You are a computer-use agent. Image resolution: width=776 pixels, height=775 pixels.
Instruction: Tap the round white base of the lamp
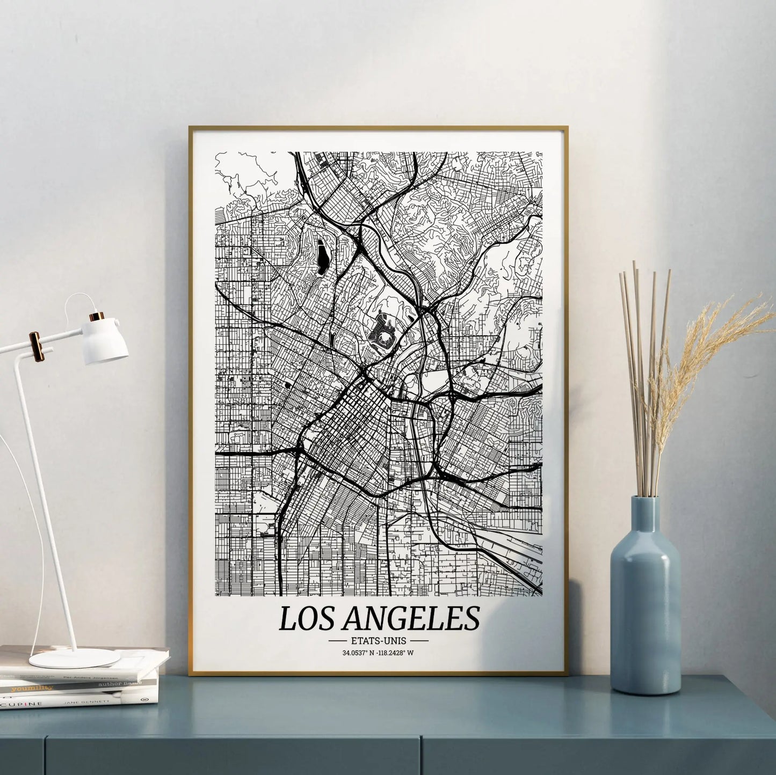click(x=67, y=657)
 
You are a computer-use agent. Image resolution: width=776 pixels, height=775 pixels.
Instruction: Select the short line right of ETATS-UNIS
click(x=419, y=640)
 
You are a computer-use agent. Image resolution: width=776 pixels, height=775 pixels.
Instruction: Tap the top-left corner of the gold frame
click(x=190, y=128)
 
